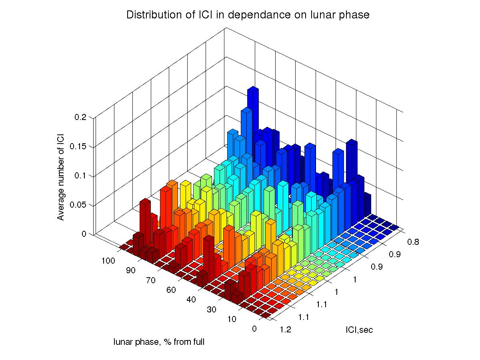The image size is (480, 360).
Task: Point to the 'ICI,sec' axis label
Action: coord(359,330)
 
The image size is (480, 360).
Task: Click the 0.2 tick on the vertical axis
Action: coord(80,117)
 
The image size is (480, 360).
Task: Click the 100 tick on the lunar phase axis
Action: coord(108,261)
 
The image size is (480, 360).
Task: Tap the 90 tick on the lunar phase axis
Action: coord(130,270)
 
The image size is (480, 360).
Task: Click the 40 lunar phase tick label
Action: coord(191,300)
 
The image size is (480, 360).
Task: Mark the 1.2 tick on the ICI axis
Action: coord(281,330)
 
